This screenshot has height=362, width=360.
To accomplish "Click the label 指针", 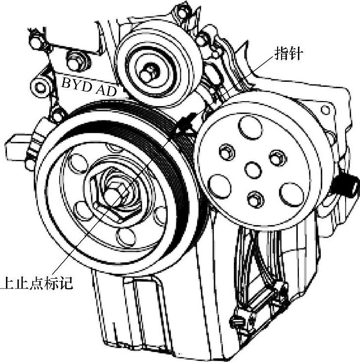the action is (x=288, y=53).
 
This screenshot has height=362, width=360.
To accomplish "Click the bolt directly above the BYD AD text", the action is (x=74, y=62).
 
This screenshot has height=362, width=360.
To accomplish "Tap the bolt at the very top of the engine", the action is (x=183, y=11).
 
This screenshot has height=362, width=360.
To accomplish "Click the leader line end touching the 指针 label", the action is (x=271, y=56).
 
